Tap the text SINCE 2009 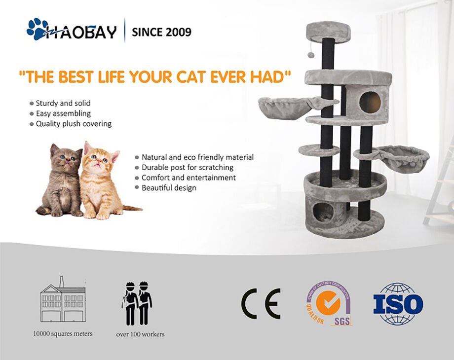click(x=161, y=33)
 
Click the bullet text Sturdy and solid click(x=63, y=104)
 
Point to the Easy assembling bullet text click(x=63, y=113)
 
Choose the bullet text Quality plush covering click(x=74, y=124)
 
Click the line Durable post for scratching click(x=188, y=168)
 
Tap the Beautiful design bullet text click(x=169, y=188)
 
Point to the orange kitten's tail click(x=131, y=209)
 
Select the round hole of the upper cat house click(x=370, y=102)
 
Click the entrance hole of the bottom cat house click(x=324, y=212)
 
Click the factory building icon click(x=62, y=302)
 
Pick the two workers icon click(x=137, y=303)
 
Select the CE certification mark click(x=261, y=303)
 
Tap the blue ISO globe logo click(x=398, y=304)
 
